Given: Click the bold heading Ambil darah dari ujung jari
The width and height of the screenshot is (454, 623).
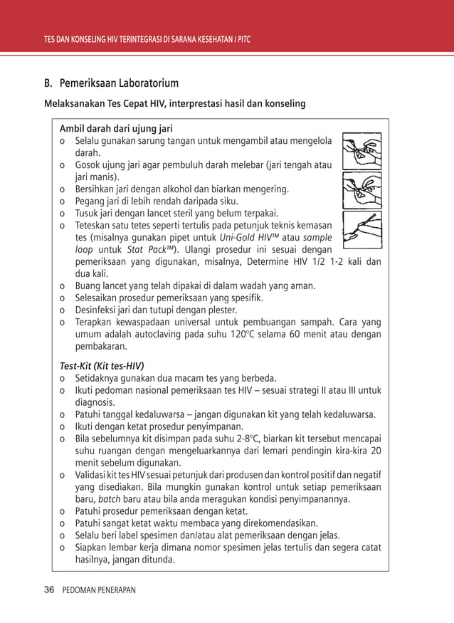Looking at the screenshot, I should tap(116, 129).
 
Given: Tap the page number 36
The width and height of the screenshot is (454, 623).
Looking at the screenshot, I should tap(50, 590).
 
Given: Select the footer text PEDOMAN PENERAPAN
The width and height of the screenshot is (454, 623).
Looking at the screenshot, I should tap(99, 590).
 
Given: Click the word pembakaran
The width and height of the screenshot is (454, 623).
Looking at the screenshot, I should tap(101, 347).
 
